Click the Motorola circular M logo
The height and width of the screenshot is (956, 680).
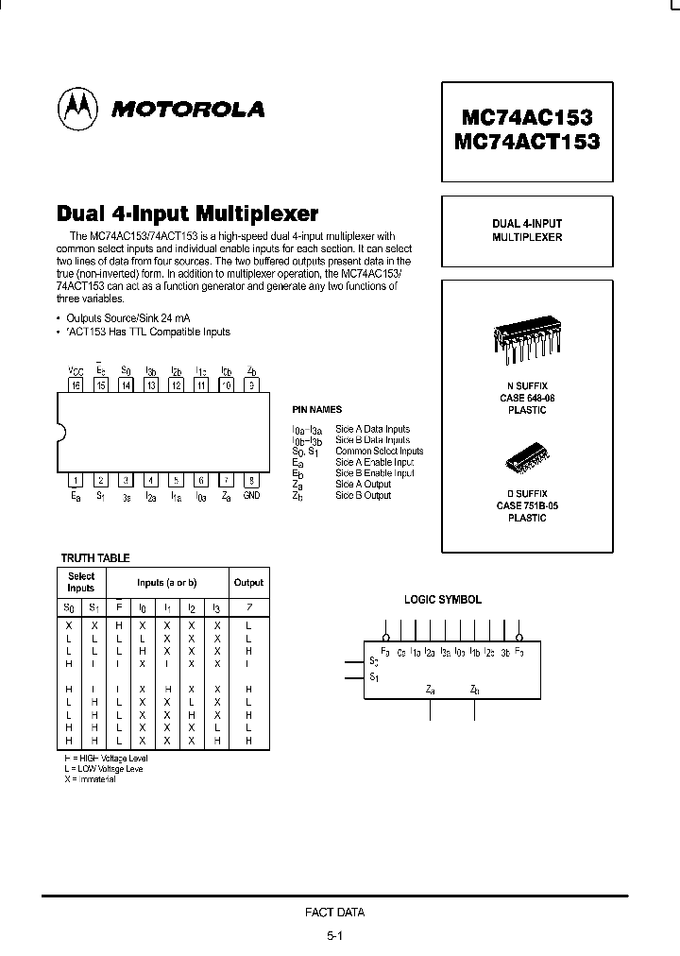(x=77, y=109)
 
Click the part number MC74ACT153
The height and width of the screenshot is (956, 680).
(x=527, y=143)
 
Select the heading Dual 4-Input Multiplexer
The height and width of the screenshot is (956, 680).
(x=189, y=213)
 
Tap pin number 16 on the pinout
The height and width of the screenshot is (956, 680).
(x=76, y=384)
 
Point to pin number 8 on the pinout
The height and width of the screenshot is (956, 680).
(x=250, y=480)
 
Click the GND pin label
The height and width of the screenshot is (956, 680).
(x=251, y=495)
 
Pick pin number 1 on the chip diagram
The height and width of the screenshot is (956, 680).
(x=76, y=480)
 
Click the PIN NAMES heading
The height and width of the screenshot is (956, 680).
(x=317, y=409)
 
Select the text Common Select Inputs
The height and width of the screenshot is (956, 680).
(x=379, y=452)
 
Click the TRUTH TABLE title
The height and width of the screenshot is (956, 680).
(x=95, y=558)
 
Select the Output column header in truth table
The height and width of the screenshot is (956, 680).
(x=248, y=583)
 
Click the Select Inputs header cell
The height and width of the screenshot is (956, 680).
(x=81, y=582)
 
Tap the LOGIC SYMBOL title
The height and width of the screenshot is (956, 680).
(x=443, y=600)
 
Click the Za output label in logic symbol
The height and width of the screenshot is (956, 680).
(x=431, y=690)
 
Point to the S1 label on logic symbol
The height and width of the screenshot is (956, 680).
(x=375, y=676)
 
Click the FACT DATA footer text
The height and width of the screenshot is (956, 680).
(x=334, y=913)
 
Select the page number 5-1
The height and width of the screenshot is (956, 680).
(x=334, y=935)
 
